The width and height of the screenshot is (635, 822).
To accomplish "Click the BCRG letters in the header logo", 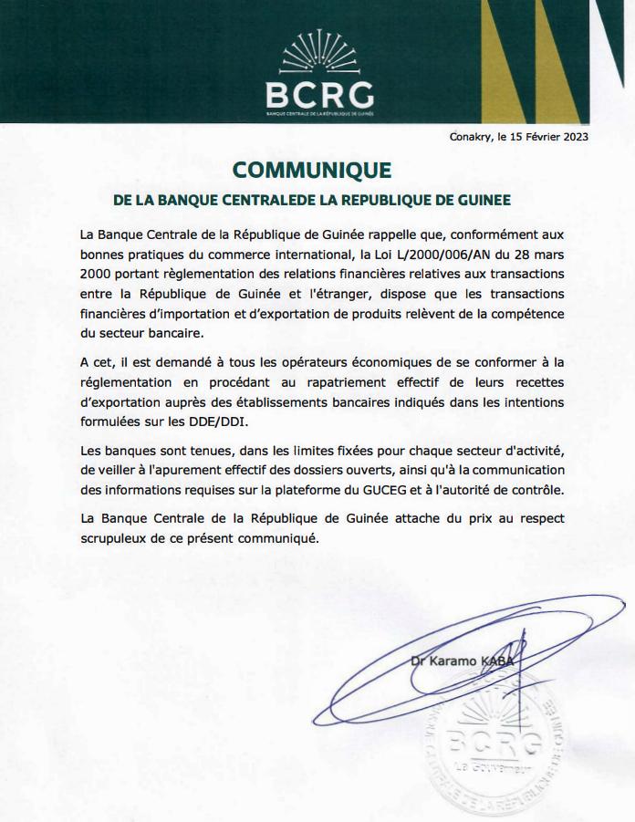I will tap(318, 95).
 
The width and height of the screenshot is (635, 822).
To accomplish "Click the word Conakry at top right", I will tap(470, 138).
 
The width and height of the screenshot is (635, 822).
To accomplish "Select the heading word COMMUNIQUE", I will tap(312, 171).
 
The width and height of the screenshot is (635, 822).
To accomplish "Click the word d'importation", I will tap(205, 313).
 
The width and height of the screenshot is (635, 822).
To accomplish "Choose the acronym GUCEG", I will tap(407, 490).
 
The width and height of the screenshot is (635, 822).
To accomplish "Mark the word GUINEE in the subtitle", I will tap(484, 199).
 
